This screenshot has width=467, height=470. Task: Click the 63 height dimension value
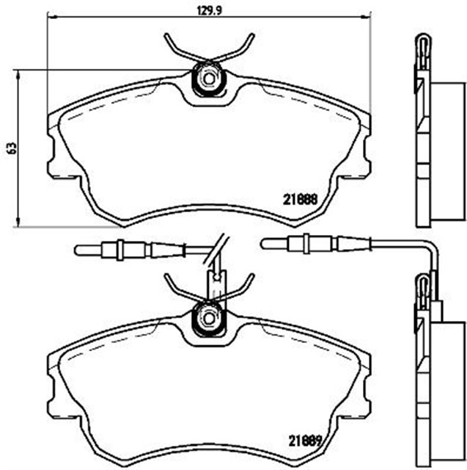[12, 148]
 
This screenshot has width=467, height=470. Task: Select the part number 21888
[300, 200]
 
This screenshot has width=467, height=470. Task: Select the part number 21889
[304, 441]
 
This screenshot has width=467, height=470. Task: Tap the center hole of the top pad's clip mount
[208, 79]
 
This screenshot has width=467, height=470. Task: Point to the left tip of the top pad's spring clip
[166, 36]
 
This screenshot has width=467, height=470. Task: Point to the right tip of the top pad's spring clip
[252, 36]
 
